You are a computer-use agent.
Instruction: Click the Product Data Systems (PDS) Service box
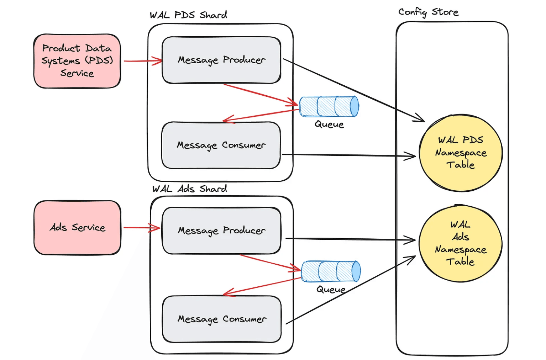pyautogui.click(x=77, y=61)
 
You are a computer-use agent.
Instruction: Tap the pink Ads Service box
pyautogui.click(x=77, y=228)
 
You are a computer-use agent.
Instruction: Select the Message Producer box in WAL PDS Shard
pyautogui.click(x=221, y=60)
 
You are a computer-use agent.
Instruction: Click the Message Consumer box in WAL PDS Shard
pyautogui.click(x=221, y=145)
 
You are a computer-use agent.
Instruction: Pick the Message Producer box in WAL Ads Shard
pyautogui.click(x=221, y=231)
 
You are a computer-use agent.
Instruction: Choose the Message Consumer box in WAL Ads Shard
pyautogui.click(x=222, y=319)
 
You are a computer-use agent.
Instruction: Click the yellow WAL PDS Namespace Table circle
pyautogui.click(x=461, y=153)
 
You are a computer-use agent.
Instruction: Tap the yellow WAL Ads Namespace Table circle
pyautogui.click(x=461, y=244)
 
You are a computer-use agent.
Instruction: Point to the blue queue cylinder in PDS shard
pyautogui.click(x=329, y=106)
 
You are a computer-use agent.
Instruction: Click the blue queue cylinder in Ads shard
pyautogui.click(x=331, y=271)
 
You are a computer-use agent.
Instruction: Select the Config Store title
pyautogui.click(x=428, y=12)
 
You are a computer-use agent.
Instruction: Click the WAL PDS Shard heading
pyautogui.click(x=188, y=15)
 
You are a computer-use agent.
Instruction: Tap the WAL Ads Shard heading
pyautogui.click(x=190, y=189)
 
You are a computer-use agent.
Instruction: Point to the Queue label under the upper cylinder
pyautogui.click(x=329, y=125)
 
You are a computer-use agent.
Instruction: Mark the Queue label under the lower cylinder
pyautogui.click(x=331, y=290)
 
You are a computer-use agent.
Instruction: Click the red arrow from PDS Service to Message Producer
pyautogui.click(x=142, y=61)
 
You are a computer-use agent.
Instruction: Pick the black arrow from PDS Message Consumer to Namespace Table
pyautogui.click(x=349, y=155)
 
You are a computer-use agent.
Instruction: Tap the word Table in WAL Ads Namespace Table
pyautogui.click(x=460, y=261)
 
